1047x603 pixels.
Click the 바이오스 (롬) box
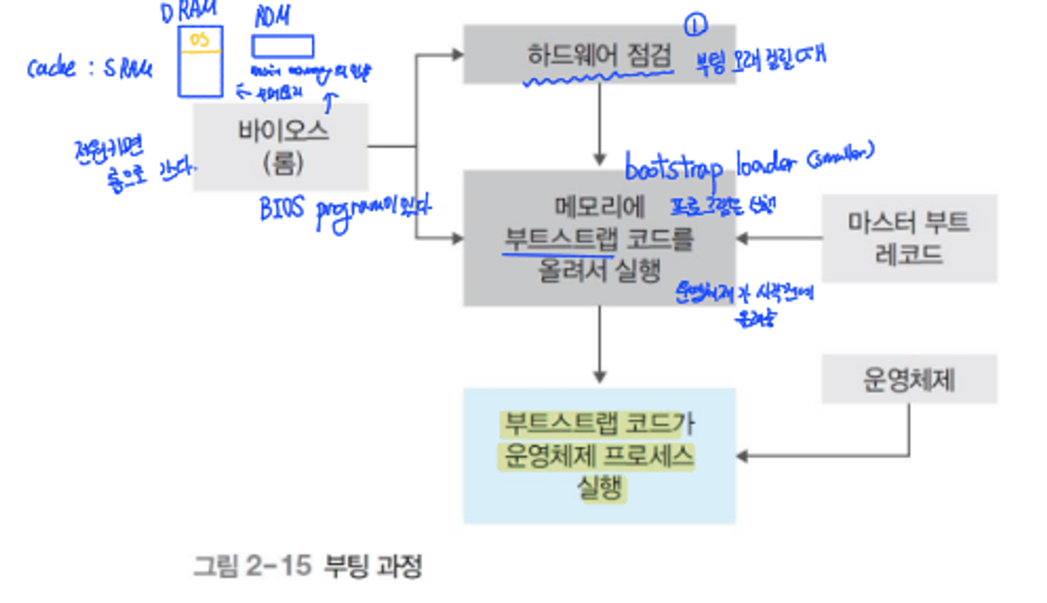(x=281, y=147)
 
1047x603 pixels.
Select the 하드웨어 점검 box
(x=599, y=54)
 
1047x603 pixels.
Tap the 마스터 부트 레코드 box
(x=909, y=238)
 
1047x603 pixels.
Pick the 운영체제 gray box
(x=909, y=379)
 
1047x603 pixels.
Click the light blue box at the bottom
(x=599, y=456)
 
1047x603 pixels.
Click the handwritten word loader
(x=766, y=163)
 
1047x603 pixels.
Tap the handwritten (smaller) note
(x=840, y=154)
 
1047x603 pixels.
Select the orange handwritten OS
(x=199, y=40)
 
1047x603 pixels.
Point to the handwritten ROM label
(x=272, y=17)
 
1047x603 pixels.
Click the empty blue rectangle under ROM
(x=283, y=47)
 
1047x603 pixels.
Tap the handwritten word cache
(x=52, y=68)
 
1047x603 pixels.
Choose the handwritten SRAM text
(x=127, y=69)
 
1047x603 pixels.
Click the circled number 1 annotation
(x=695, y=25)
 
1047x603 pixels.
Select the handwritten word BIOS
(x=281, y=209)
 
